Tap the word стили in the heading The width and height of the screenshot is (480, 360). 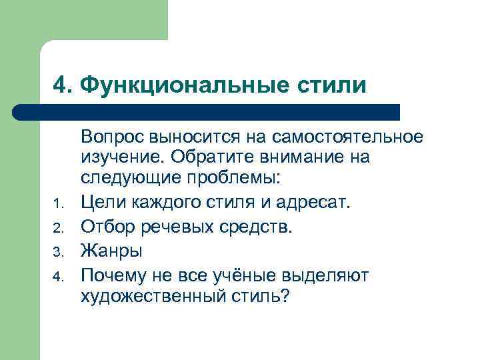point(333,85)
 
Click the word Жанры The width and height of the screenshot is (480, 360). point(111,251)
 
